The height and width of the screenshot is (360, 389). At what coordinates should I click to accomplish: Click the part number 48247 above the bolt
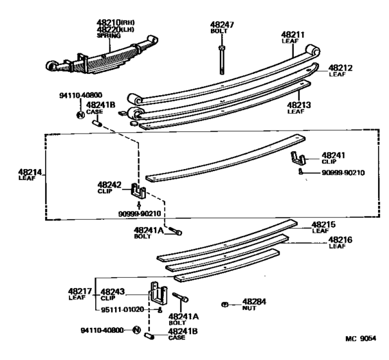[222, 25]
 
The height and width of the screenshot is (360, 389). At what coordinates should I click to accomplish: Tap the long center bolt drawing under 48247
[222, 60]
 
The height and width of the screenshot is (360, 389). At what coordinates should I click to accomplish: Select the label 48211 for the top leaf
[293, 35]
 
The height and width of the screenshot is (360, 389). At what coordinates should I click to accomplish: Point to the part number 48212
[340, 67]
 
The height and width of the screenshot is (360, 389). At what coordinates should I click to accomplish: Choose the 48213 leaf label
[299, 105]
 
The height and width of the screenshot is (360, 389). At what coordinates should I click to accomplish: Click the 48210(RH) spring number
[115, 22]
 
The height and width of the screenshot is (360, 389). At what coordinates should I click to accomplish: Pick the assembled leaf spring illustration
[102, 56]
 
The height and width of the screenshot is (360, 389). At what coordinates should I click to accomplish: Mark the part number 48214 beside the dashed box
[30, 172]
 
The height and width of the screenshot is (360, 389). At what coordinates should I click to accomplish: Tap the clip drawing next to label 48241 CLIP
[298, 158]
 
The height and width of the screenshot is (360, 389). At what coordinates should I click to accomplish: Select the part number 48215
[323, 224]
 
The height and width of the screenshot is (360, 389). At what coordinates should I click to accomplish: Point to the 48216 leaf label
[340, 240]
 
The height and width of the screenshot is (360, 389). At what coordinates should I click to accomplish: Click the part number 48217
[80, 291]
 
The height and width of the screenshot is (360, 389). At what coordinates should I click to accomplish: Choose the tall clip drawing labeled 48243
[159, 294]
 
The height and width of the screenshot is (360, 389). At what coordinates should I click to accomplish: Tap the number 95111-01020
[123, 310]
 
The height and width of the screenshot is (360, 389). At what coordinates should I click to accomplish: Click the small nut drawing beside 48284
[225, 304]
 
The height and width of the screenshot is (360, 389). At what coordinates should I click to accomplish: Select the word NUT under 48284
[249, 308]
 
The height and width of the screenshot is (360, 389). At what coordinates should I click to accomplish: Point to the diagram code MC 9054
[361, 338]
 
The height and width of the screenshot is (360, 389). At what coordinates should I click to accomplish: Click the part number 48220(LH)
[115, 30]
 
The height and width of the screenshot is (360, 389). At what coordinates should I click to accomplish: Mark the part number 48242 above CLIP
[109, 185]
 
